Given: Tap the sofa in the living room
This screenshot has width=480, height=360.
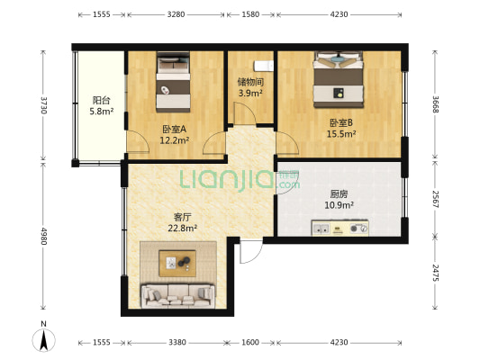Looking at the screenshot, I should [x=177, y=294].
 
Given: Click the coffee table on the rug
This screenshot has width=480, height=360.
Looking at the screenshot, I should [x=177, y=263].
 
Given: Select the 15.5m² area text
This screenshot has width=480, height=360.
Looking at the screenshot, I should [x=340, y=135].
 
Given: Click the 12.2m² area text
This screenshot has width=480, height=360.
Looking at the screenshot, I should [x=174, y=140].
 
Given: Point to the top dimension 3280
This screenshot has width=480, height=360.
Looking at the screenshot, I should [x=176, y=14].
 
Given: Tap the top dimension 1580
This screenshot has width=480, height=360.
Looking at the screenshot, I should [x=250, y=14].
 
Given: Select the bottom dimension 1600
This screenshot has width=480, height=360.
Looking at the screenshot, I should [x=250, y=342].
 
